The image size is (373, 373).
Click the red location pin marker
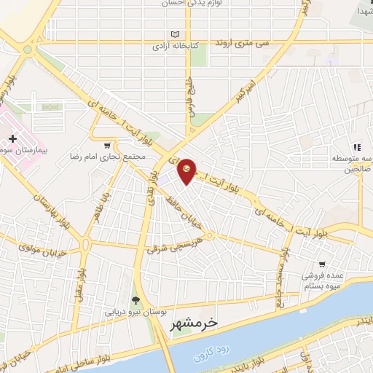point(187,170)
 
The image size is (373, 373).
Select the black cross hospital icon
point(12,138)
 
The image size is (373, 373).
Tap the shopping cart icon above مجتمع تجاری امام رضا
point(108,144)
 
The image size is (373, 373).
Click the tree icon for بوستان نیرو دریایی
point(136,299)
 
